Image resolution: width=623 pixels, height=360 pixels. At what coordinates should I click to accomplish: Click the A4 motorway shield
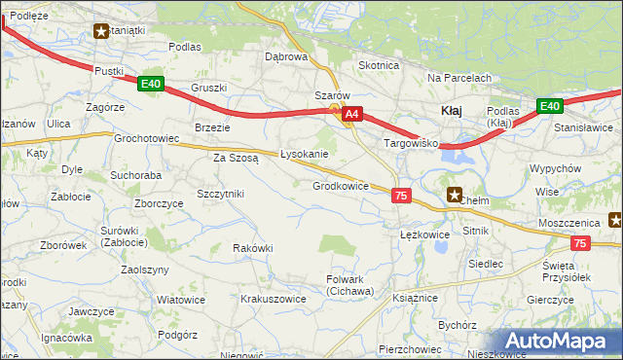coord(352,115)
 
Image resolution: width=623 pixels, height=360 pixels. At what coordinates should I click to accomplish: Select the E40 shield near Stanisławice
coord(549,106)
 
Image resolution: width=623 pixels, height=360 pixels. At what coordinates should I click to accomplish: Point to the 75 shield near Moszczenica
coord(580,243)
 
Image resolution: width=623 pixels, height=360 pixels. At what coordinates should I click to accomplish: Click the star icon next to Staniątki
coord(101,31)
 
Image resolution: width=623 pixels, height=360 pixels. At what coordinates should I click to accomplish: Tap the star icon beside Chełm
coord(454,195)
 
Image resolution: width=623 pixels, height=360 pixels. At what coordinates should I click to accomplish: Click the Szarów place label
coord(331,96)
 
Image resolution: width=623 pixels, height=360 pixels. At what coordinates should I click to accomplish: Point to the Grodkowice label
coord(340,186)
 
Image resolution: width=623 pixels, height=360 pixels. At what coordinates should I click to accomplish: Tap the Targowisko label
coord(412,143)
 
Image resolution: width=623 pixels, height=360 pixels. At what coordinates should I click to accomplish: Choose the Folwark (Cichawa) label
coord(349,285)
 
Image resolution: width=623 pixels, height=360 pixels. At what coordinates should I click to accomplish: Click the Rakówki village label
coord(252,248)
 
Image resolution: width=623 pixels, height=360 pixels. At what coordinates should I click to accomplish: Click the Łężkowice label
coord(424,234)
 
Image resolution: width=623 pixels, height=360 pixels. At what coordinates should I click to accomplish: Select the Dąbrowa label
coord(286,56)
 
